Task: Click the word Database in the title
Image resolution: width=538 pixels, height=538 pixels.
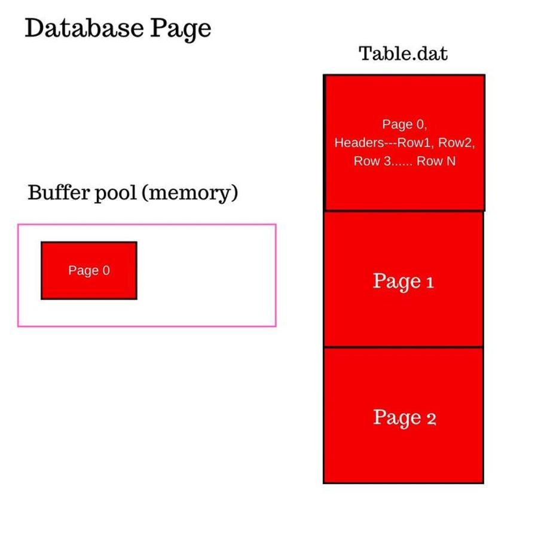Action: pyautogui.click(x=84, y=27)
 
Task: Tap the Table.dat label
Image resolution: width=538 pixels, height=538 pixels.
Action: pyautogui.click(x=403, y=54)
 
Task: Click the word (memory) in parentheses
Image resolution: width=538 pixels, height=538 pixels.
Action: pyautogui.click(x=189, y=194)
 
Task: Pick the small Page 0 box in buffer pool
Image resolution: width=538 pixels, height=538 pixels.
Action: pyautogui.click(x=89, y=270)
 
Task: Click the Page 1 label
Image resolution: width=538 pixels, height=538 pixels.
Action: pyautogui.click(x=403, y=282)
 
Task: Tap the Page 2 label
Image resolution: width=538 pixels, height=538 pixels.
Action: pyautogui.click(x=405, y=418)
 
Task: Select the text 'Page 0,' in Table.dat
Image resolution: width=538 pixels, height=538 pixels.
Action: pyautogui.click(x=405, y=124)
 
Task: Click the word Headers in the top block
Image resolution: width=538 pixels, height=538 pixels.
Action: pyautogui.click(x=359, y=143)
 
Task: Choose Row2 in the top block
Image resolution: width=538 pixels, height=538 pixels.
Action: pyautogui.click(x=456, y=143)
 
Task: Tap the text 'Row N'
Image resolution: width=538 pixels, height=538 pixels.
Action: pyautogui.click(x=436, y=161)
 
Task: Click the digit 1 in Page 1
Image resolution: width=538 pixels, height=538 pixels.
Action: pyautogui.click(x=430, y=283)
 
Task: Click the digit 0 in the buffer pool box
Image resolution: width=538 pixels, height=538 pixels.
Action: pyautogui.click(x=106, y=270)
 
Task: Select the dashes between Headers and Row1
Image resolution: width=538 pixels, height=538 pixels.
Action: pyautogui.click(x=391, y=143)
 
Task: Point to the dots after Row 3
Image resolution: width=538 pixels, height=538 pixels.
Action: pyautogui.click(x=402, y=165)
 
